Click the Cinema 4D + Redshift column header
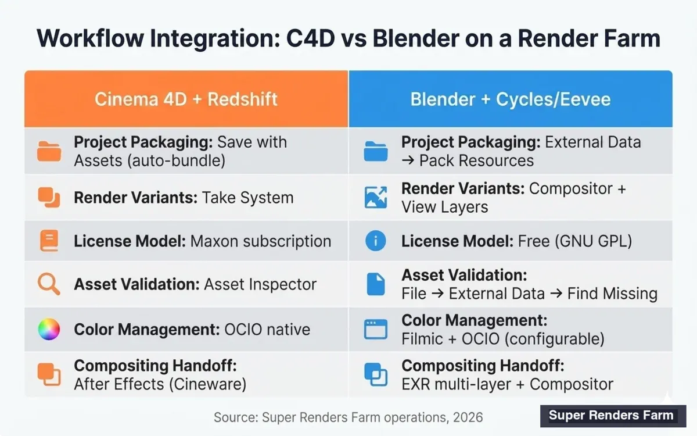[186, 99]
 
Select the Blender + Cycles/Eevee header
[510, 99]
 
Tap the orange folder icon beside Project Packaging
[49, 151]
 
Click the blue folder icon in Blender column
[375, 151]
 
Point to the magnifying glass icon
[49, 284]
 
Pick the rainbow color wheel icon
[49, 329]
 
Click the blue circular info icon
[375, 240]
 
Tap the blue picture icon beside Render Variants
[375, 198]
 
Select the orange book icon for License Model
[49, 241]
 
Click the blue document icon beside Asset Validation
[375, 284]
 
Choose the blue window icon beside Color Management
[375, 329]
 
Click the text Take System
[247, 198]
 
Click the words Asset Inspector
[260, 284]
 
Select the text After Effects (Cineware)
[160, 384]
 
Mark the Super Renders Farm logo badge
[612, 415]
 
